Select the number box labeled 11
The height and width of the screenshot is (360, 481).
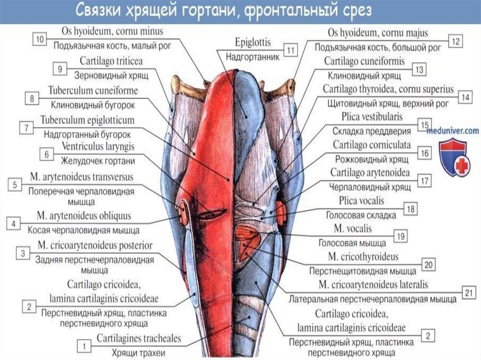pyautogui.click(x=291, y=50)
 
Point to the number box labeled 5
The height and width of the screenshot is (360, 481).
pyautogui.click(x=15, y=185)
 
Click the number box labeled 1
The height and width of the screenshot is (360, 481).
pyautogui.click(x=84, y=347)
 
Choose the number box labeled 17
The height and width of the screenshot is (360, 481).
pyautogui.click(x=424, y=181)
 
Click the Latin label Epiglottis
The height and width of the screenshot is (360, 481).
pyautogui.click(x=253, y=43)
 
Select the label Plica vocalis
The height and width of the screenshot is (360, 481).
pyautogui.click(x=361, y=201)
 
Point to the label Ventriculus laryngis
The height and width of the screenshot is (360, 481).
pyautogui.click(x=94, y=146)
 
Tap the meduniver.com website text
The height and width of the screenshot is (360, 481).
pyautogui.click(x=452, y=131)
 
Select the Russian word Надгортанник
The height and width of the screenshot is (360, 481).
pyautogui.click(x=253, y=57)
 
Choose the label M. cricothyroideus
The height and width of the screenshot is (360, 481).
pyautogui.click(x=365, y=257)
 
